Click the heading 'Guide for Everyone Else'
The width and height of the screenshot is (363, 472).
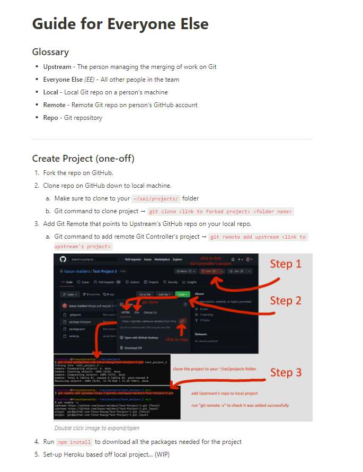[x=120, y=24]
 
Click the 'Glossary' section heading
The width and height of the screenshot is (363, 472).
[x=50, y=52]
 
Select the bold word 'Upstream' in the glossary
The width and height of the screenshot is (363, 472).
[x=57, y=67]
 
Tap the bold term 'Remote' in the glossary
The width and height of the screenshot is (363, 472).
[x=54, y=105]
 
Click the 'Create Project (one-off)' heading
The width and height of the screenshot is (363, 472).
[x=83, y=159]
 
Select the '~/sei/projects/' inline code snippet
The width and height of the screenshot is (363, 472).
[x=156, y=198]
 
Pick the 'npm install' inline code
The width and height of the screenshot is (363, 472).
[x=74, y=442]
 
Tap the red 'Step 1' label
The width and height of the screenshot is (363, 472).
[x=286, y=264]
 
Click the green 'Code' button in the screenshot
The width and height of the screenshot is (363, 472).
[x=183, y=294]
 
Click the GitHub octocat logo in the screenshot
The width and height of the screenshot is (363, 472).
[x=63, y=259]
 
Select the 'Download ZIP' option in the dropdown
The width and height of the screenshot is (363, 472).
[x=132, y=348]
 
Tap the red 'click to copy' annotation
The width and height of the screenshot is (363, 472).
[x=176, y=339]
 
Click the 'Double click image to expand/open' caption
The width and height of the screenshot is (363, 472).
[x=97, y=428]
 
